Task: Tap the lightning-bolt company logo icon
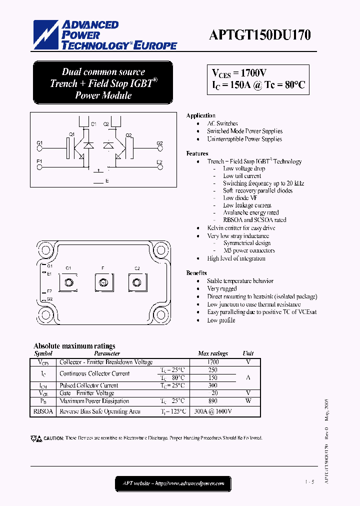point(46,34)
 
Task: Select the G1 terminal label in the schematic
point(39,143)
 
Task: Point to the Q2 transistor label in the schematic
point(128,135)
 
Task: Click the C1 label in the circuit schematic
point(93,123)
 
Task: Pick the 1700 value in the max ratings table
point(212,361)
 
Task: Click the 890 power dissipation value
point(212,401)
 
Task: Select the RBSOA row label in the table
point(42,411)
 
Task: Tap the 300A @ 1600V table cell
point(212,411)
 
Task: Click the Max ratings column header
point(212,353)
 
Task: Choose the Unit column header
point(248,353)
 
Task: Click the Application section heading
point(200,115)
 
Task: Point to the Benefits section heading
point(196,273)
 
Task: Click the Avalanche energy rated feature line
point(250,212)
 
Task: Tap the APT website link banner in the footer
point(173,483)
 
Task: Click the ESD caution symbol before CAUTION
point(36,438)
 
